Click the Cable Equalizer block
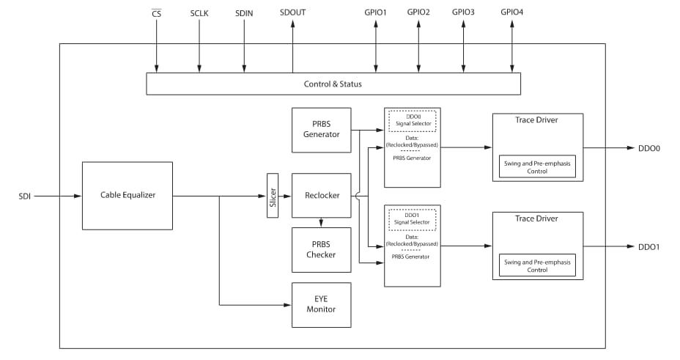[x=127, y=195]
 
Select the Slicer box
[x=273, y=196]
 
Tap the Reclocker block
[x=321, y=196]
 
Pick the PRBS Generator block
[x=321, y=130]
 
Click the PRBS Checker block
[x=321, y=249]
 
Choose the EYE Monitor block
[x=321, y=304]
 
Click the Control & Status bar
[x=333, y=84]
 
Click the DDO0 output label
[x=648, y=148]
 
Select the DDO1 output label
[x=648, y=247]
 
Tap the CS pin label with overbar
[x=156, y=13]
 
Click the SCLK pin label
[x=200, y=13]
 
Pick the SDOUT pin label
[x=292, y=13]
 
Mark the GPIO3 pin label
[x=463, y=13]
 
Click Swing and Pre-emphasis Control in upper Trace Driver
[x=537, y=166]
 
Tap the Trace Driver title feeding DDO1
[x=537, y=218]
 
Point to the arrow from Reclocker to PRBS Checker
[x=321, y=222]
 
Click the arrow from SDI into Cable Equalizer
[x=59, y=196]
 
